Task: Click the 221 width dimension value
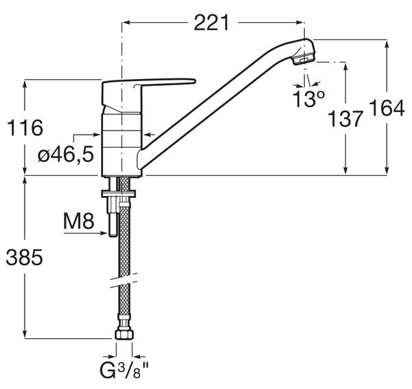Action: click(211, 23)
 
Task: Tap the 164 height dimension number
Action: click(386, 109)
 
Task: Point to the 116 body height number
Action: click(25, 128)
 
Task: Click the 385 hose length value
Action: click(24, 257)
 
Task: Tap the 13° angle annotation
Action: click(309, 99)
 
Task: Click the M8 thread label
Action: click(78, 221)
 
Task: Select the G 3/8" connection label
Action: click(124, 370)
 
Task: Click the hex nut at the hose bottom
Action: click(124, 335)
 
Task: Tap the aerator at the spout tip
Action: click(304, 60)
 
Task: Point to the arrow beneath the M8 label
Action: click(85, 233)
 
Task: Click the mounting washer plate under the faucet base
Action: click(119, 194)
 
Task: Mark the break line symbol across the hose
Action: click(124, 280)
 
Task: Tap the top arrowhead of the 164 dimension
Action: click(387, 44)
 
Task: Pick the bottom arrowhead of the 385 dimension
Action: click(25, 334)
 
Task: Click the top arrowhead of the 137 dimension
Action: click(346, 67)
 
